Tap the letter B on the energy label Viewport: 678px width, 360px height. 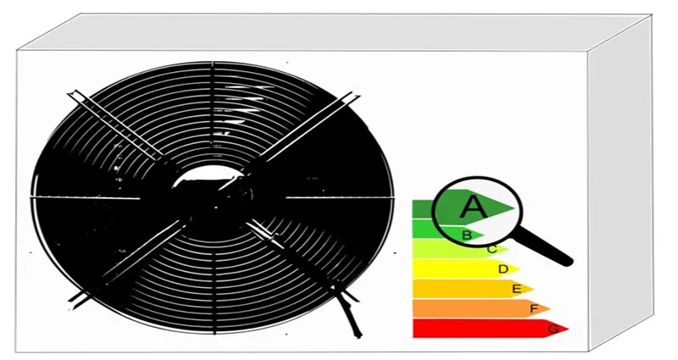(x=467, y=235)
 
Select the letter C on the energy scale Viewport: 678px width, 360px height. (x=492, y=249)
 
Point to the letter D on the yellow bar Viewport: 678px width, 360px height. (x=503, y=269)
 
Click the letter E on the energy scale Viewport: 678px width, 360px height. (x=517, y=289)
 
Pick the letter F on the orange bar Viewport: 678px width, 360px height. (x=535, y=308)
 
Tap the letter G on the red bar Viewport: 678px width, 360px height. (x=553, y=329)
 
